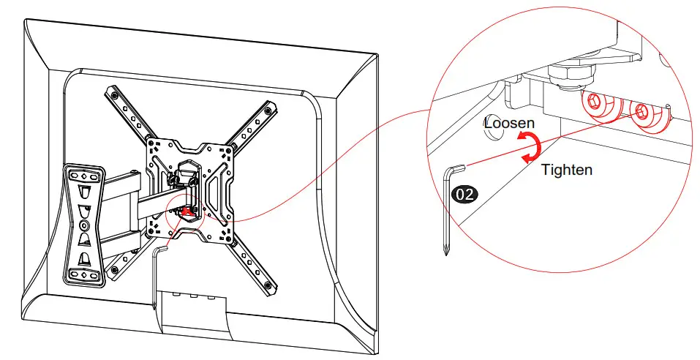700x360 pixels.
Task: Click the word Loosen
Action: point(510,124)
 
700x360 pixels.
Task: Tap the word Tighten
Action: point(566,170)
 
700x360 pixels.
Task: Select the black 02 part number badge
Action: point(465,195)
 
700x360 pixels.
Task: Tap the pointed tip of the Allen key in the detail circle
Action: point(445,252)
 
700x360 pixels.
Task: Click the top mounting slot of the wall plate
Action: point(83,176)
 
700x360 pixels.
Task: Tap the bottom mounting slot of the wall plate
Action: point(85,274)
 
